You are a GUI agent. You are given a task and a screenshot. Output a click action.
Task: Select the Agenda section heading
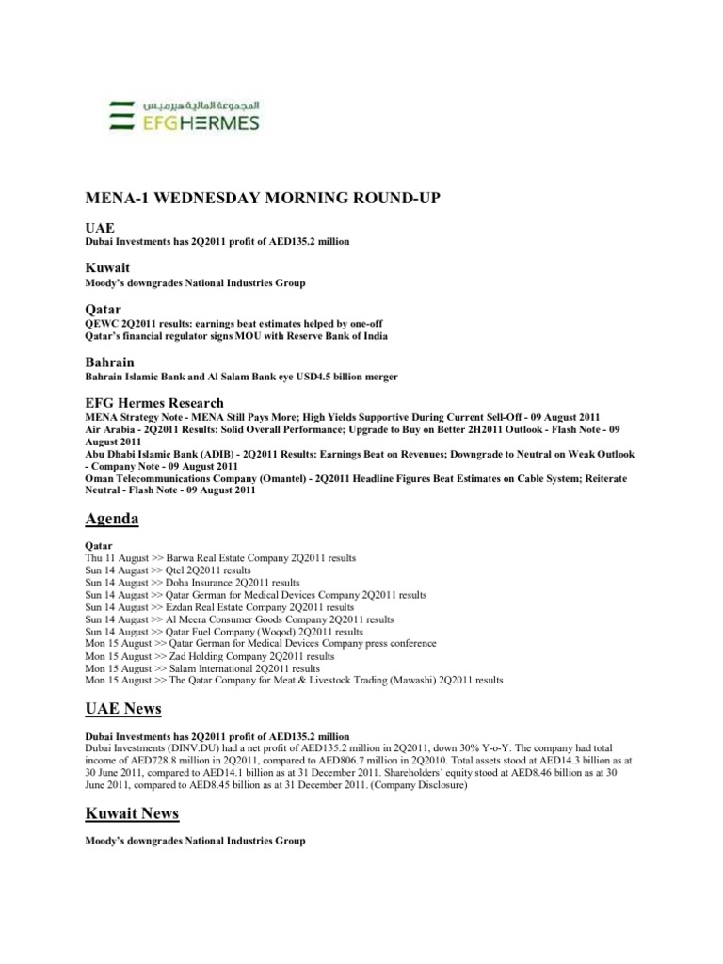112,519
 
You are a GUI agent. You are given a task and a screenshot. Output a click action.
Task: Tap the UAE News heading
123,708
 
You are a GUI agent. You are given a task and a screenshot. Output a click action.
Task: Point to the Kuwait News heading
132,812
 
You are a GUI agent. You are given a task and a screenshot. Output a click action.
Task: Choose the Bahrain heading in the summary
109,361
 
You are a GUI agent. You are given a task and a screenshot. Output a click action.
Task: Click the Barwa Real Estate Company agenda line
220,558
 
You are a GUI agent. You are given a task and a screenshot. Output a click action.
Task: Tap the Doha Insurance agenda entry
192,583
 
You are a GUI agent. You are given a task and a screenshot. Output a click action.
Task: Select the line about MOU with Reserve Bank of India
236,336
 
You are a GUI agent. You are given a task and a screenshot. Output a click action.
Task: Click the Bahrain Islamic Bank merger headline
241,377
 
